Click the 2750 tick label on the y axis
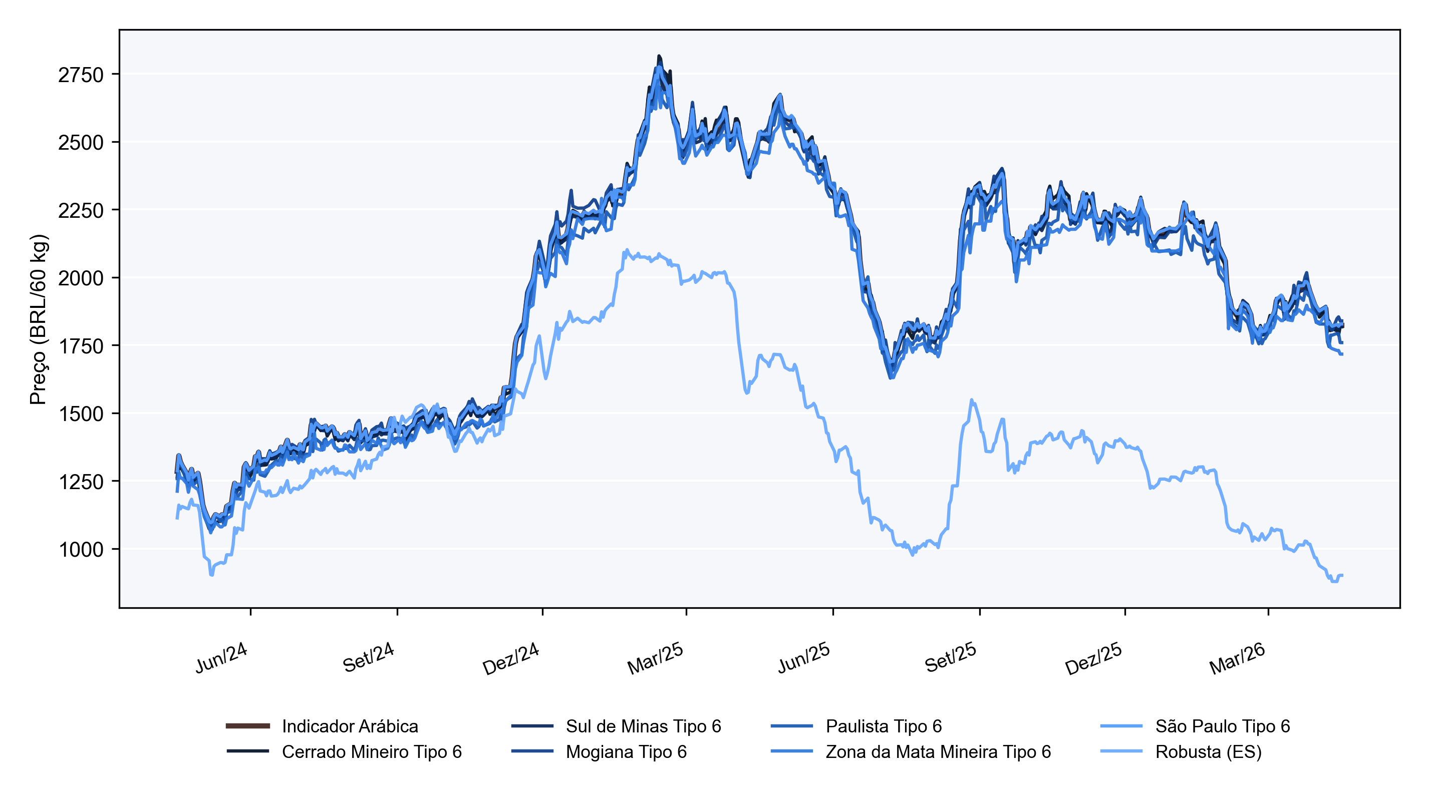tap(81, 75)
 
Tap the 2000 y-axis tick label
tap(81, 278)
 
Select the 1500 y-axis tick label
tap(81, 414)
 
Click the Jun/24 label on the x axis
tap(221, 658)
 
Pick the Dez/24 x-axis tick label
tap(511, 658)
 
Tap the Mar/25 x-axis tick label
tap(655, 658)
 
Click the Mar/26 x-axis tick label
tap(1237, 658)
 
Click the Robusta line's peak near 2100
tap(627, 250)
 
